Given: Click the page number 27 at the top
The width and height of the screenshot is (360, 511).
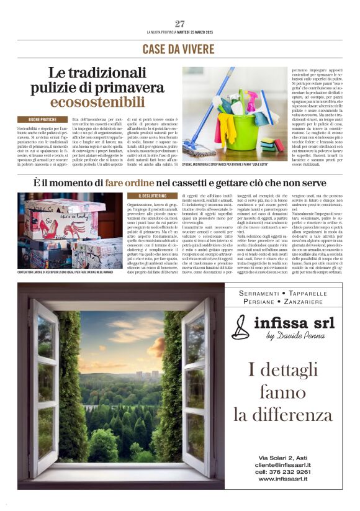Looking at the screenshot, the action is [x=180, y=24].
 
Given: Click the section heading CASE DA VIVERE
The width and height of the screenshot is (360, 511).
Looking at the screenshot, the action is [x=180, y=49].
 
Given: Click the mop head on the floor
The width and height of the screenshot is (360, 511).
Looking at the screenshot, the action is [x=200, y=150].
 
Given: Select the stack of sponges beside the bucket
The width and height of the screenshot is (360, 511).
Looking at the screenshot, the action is [x=268, y=147].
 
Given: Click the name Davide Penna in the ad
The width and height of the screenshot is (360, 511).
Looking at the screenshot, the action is [x=296, y=336].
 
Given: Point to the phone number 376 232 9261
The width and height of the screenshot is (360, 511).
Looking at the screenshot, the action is [x=292, y=471].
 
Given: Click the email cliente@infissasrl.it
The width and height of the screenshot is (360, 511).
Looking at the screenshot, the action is [x=284, y=464].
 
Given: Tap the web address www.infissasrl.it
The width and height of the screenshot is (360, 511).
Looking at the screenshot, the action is [x=284, y=479].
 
